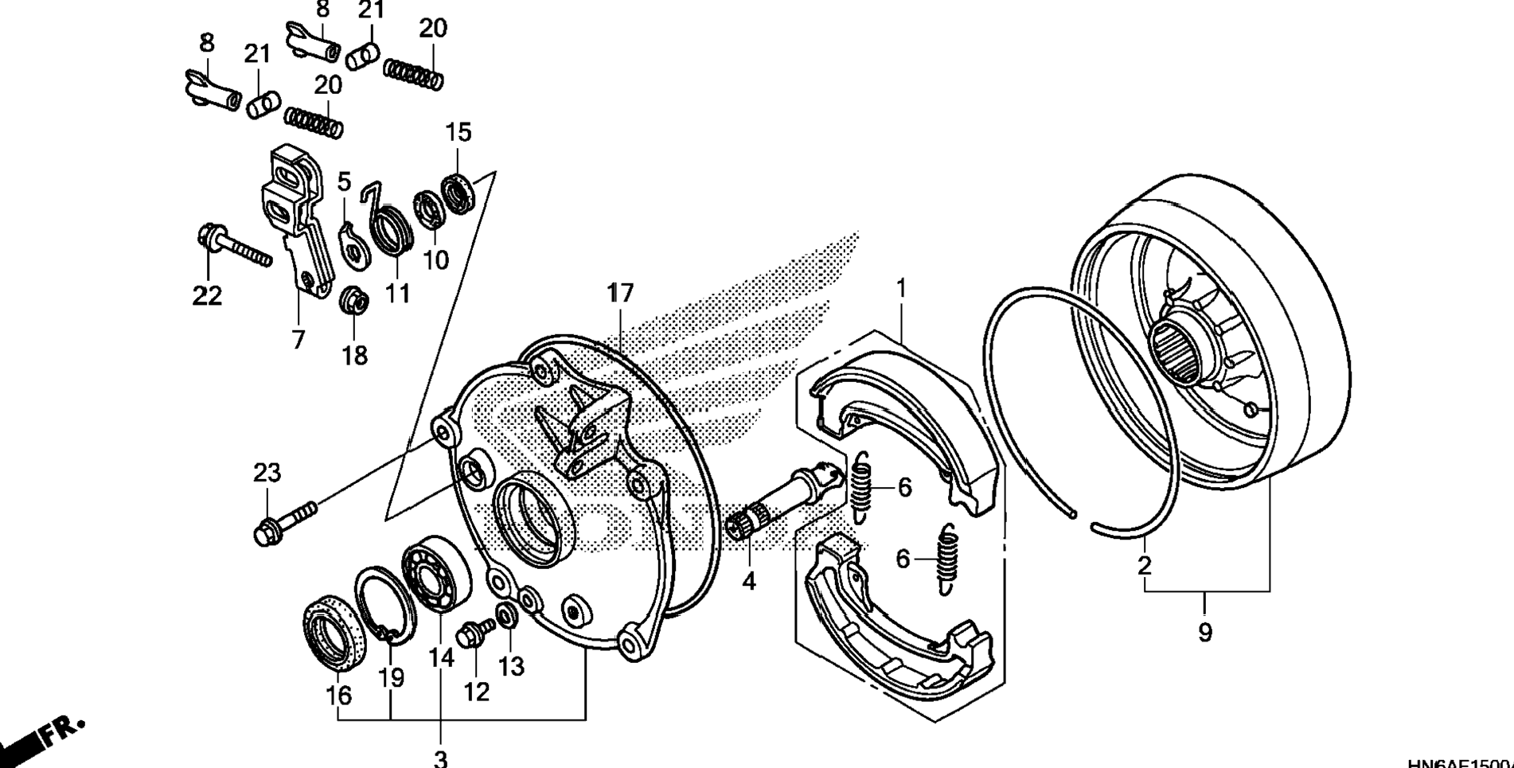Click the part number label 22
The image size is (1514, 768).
pos(207,296)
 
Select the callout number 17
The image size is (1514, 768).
pos(620,293)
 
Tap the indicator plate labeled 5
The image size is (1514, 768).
pos(349,244)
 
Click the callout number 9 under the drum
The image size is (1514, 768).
pos(1204,634)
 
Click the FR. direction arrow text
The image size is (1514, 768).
pos(60,734)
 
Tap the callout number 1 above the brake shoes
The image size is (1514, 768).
pos(901,288)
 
